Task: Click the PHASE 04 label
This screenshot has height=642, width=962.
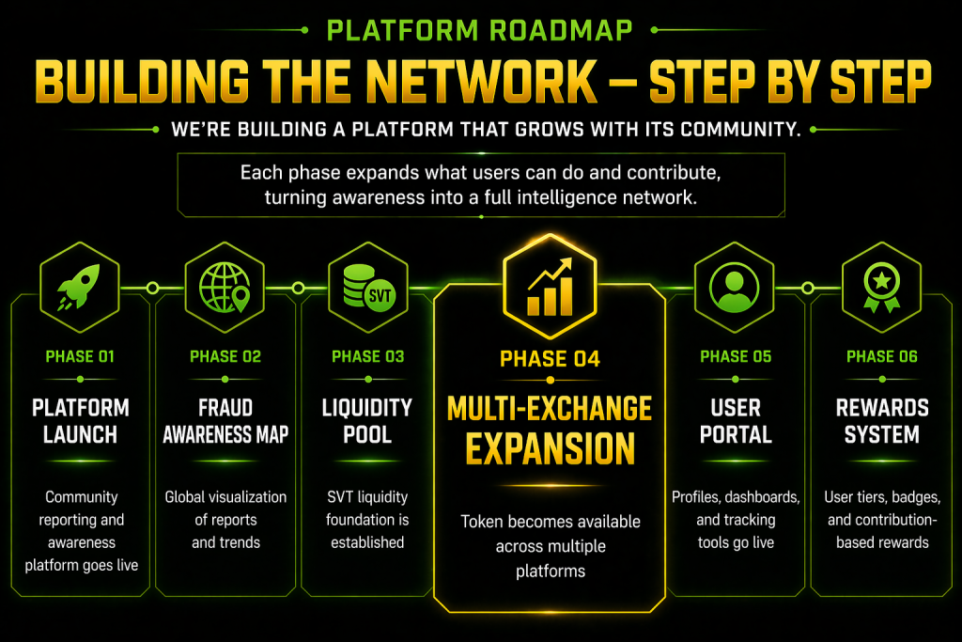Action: pyautogui.click(x=550, y=358)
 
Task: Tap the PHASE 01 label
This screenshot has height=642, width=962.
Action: pyautogui.click(x=80, y=356)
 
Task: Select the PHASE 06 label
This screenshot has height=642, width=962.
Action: pyautogui.click(x=882, y=356)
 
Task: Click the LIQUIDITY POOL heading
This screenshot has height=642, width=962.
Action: pyautogui.click(x=368, y=421)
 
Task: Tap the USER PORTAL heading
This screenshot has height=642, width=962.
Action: pyautogui.click(x=736, y=421)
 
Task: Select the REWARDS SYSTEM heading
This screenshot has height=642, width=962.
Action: pyautogui.click(x=882, y=421)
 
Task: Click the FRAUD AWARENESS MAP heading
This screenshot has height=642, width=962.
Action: pyautogui.click(x=225, y=421)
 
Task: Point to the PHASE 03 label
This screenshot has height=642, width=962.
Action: pyautogui.click(x=368, y=356)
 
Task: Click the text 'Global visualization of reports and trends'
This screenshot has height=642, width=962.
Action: pyautogui.click(x=225, y=520)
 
